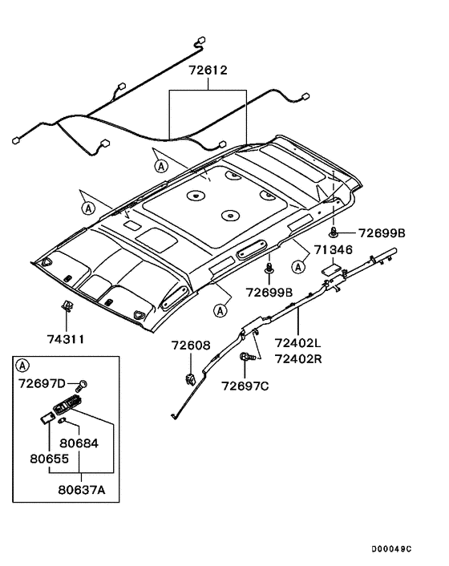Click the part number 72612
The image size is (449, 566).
pyautogui.click(x=208, y=70)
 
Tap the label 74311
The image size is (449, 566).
pyautogui.click(x=66, y=339)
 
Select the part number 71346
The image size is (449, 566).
pyautogui.click(x=333, y=249)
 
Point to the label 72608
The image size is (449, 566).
pyautogui.click(x=191, y=346)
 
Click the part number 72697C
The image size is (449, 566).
pyautogui.click(x=245, y=386)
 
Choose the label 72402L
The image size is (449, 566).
pyautogui.click(x=297, y=342)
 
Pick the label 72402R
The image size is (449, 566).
pyautogui.click(x=298, y=359)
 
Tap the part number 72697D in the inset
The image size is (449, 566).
pyautogui.click(x=42, y=383)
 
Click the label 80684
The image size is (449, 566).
pyautogui.click(x=79, y=443)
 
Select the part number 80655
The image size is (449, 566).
pyautogui.click(x=49, y=459)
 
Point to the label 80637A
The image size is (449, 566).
pyautogui.click(x=82, y=490)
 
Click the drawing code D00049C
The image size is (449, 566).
pyautogui.click(x=391, y=549)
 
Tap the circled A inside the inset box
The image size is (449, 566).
pyautogui.click(x=22, y=366)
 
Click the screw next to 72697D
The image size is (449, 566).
pyautogui.click(x=81, y=386)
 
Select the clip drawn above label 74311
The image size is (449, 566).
pyautogui.click(x=66, y=306)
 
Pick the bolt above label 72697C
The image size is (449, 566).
pyautogui.click(x=248, y=357)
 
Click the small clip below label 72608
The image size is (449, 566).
pyautogui.click(x=190, y=379)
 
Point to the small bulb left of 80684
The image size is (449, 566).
pyautogui.click(x=62, y=421)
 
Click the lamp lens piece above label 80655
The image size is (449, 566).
pyautogui.click(x=47, y=418)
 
